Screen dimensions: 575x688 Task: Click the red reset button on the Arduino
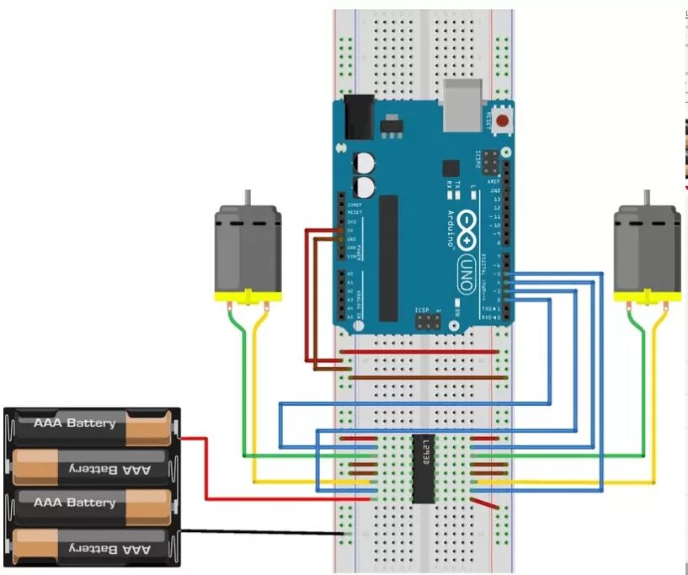(x=503, y=121)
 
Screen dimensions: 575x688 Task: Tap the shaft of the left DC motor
(x=248, y=198)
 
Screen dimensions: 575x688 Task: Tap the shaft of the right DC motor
(x=646, y=198)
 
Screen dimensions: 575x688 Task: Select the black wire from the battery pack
(x=261, y=532)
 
